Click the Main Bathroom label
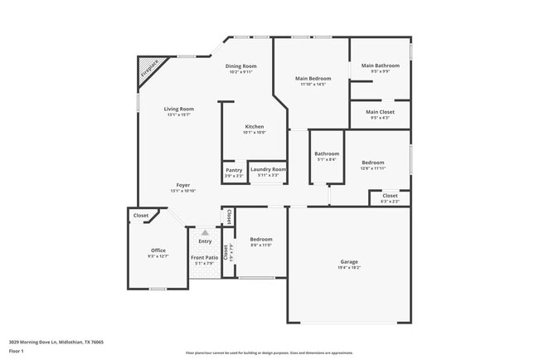click(x=380, y=66)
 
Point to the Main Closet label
click(x=380, y=112)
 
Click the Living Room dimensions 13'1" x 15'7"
click(x=179, y=114)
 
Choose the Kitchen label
click(x=254, y=127)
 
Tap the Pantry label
click(x=234, y=170)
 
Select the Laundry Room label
click(x=268, y=170)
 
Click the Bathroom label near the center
click(x=326, y=153)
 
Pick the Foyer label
click(x=182, y=185)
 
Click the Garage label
click(x=349, y=261)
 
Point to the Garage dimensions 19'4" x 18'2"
click(x=349, y=268)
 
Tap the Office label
click(x=158, y=250)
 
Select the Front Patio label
click(x=204, y=258)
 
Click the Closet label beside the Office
click(x=140, y=216)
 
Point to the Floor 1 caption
click(x=17, y=351)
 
